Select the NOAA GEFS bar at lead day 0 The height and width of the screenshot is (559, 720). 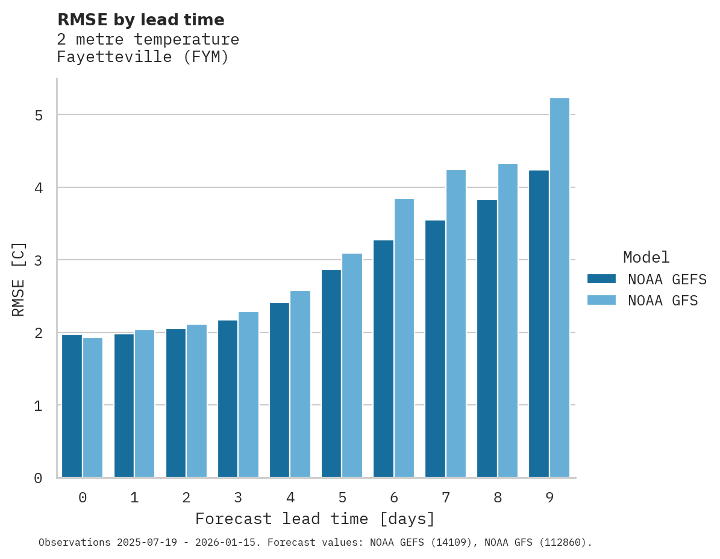(72, 406)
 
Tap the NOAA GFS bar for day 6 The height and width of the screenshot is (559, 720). (404, 338)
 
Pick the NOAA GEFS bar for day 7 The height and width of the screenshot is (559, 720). (435, 349)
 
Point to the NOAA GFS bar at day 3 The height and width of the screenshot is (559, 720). (248, 395)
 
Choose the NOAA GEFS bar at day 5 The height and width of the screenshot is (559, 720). (331, 373)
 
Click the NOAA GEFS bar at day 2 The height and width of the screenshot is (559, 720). (176, 403)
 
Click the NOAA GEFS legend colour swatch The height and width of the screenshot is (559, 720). (601, 279)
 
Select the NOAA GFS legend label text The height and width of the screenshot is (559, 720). (663, 301)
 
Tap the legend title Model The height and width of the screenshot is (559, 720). (646, 258)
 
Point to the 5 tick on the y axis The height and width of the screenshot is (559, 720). (39, 115)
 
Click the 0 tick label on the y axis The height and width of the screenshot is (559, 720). (39, 478)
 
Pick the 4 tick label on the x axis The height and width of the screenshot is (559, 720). (290, 498)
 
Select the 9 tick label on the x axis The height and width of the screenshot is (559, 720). (549, 498)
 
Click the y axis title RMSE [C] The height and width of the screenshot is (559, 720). (19, 279)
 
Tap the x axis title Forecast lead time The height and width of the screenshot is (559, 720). (315, 519)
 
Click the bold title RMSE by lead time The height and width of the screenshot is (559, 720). (141, 20)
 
